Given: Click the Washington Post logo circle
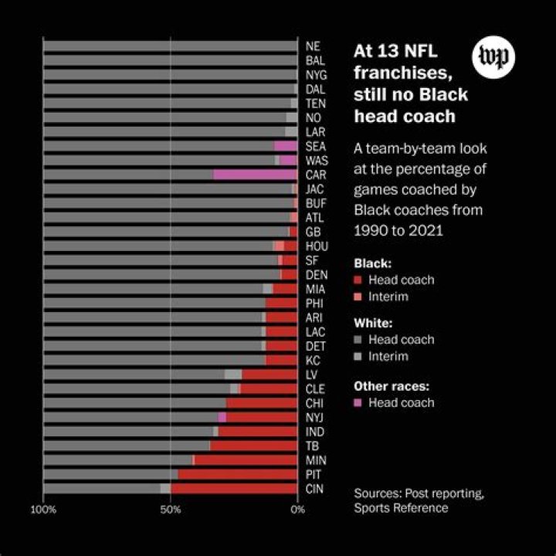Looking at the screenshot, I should pyautogui.click(x=493, y=58).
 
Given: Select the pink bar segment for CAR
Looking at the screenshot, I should pyautogui.click(x=255, y=175).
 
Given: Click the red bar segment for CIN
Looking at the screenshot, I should pyautogui.click(x=234, y=488).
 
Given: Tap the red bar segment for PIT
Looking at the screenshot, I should pyautogui.click(x=237, y=474).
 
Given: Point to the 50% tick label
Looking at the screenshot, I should pyautogui.click(x=170, y=510).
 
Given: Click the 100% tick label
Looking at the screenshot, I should pyautogui.click(x=43, y=510).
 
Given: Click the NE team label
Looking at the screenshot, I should pyautogui.click(x=313, y=46).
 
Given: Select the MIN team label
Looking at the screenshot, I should pyautogui.click(x=315, y=460).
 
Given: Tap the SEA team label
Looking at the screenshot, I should pyautogui.click(x=315, y=146).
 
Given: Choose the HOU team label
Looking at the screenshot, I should pyautogui.click(x=317, y=246).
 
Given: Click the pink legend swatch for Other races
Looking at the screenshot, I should pyautogui.click(x=358, y=403).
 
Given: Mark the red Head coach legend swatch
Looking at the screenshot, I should pyautogui.click(x=358, y=280).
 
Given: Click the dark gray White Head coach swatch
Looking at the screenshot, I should pyautogui.click(x=358, y=340).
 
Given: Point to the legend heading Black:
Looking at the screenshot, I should pyautogui.click(x=372, y=263).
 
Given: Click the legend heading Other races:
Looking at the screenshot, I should pyautogui.click(x=391, y=386).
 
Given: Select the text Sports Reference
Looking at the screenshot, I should pyautogui.click(x=401, y=508).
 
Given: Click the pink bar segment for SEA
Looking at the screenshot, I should pyautogui.click(x=286, y=146).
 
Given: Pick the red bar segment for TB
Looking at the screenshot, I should pyautogui.click(x=253, y=446).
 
